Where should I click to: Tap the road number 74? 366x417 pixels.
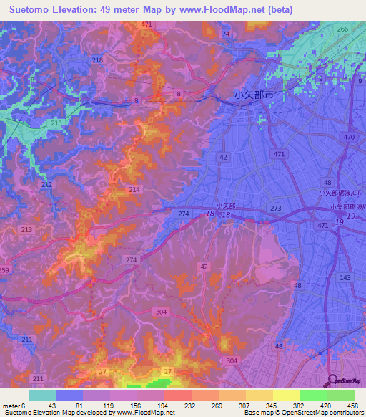click(226, 34)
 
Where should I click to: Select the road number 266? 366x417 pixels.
click(342, 29)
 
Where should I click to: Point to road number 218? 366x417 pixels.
click(97, 60)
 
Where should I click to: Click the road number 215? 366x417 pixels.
click(56, 123)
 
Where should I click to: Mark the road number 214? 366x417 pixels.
click(134, 188)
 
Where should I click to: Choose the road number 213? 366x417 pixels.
click(26, 229)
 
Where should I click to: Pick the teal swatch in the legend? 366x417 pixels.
click(42, 395)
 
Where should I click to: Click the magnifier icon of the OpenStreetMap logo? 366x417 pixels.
click(332, 381)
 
